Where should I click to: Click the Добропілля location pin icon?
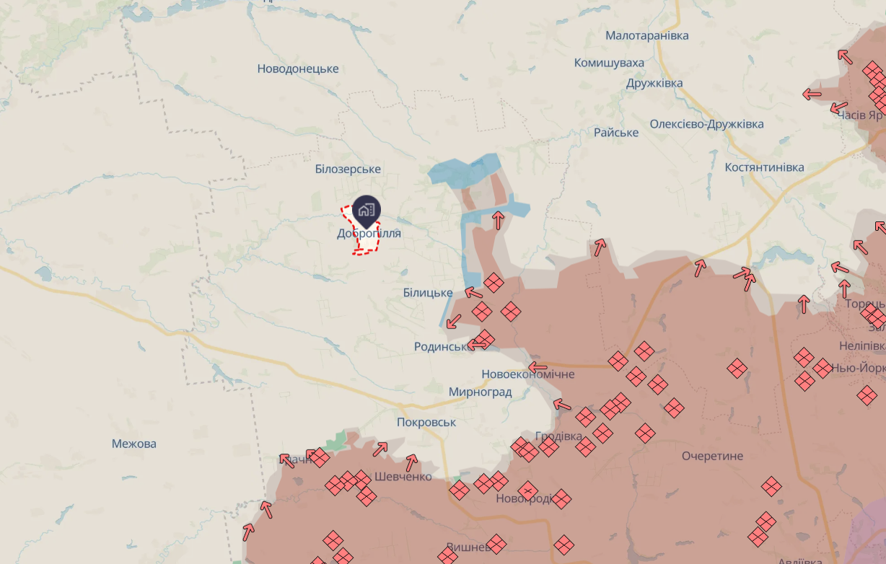[367, 208]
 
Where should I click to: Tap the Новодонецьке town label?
[298, 69]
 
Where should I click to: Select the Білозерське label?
[348, 169]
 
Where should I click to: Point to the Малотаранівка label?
[647, 36]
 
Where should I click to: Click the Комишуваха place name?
[609, 63]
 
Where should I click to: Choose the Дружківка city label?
[654, 84]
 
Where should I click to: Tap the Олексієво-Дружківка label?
[706, 124]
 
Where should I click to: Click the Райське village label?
[616, 133]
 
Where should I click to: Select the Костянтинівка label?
[764, 167]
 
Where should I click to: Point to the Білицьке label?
[428, 293]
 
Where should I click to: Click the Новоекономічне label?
[528, 374]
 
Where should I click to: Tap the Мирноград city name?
[480, 392]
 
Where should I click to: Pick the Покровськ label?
[426, 423]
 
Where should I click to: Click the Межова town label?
[134, 444]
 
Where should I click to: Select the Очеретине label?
[712, 457]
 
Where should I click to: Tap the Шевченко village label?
[403, 477]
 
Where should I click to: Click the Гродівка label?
[558, 437]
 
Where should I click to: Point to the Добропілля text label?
[369, 234]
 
